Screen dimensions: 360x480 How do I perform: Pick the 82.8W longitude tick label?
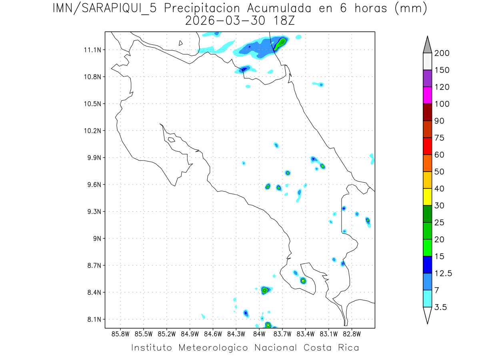pos(352,334)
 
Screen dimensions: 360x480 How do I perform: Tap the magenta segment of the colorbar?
pos(427,96)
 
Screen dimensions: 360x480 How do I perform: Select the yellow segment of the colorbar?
pos(427,197)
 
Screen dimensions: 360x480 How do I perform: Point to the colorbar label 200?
pos(442,54)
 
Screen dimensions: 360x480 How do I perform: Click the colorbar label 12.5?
pos(444,273)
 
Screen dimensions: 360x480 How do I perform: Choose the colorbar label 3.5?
pos(440,307)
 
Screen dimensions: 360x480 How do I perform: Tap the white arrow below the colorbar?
pos(427,315)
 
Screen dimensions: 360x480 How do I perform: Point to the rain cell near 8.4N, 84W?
pos(264,290)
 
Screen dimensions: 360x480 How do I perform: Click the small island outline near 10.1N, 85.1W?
pos(171,140)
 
